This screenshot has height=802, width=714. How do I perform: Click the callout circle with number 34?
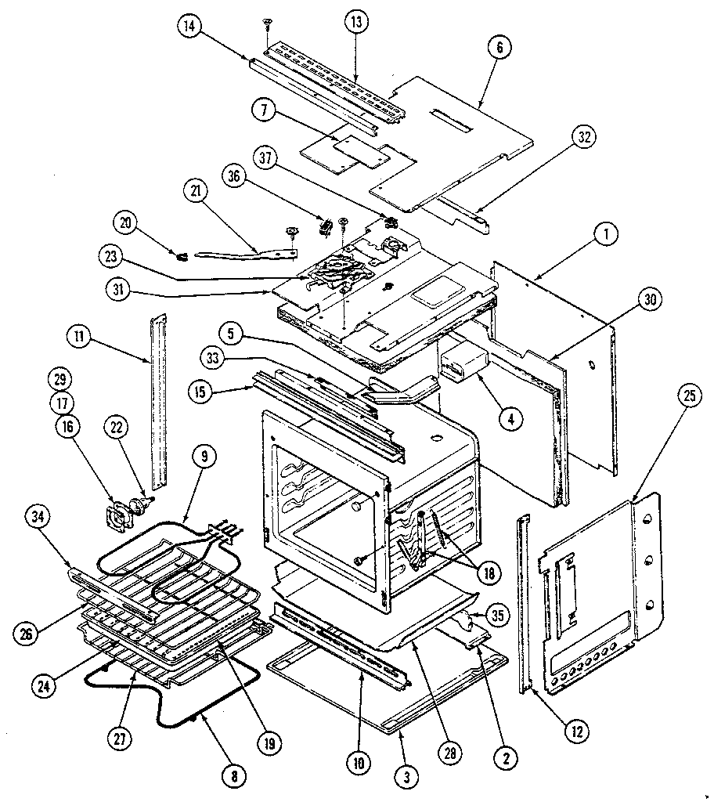(x=38, y=517)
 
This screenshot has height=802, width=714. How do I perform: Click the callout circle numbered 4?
(x=510, y=418)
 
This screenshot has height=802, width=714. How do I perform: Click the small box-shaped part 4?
(x=463, y=362)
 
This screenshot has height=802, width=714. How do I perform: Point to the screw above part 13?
(x=268, y=26)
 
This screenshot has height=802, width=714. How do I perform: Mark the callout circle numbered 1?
(x=608, y=233)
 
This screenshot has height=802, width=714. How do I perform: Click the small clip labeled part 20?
(x=182, y=254)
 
